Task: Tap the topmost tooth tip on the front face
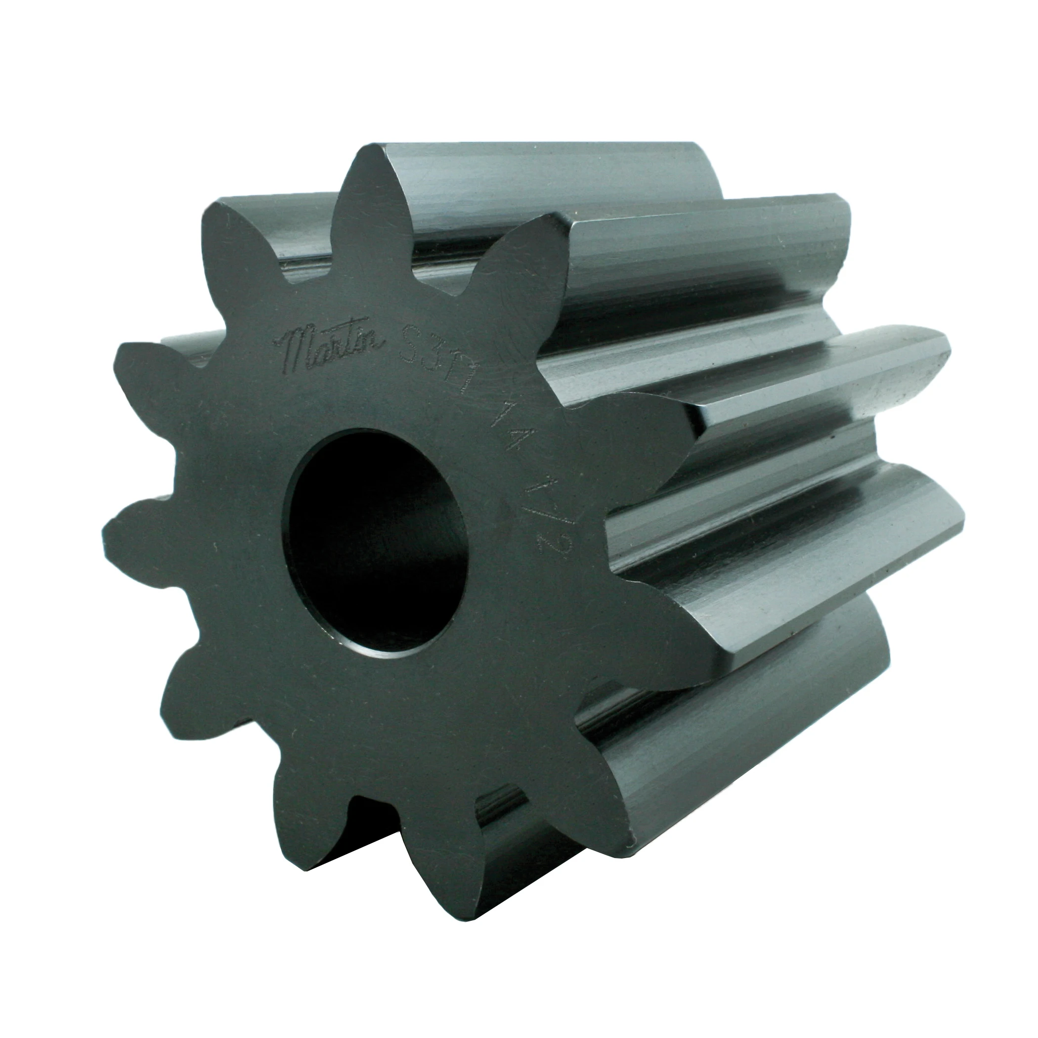pos(371,161)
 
